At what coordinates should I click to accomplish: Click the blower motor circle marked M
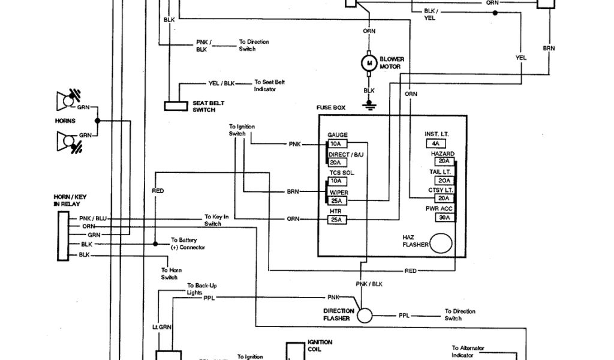[x=368, y=62]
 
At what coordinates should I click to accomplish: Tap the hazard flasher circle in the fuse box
[x=441, y=244]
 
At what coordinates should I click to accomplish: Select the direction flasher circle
[x=365, y=314]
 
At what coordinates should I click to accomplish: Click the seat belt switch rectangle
[x=176, y=106]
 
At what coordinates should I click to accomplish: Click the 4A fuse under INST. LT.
[x=436, y=144]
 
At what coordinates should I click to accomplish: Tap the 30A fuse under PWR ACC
[x=445, y=217]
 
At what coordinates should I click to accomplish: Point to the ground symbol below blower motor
[x=368, y=105]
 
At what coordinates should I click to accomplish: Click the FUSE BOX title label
[x=331, y=108]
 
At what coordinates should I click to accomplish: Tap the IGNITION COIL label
[x=320, y=346]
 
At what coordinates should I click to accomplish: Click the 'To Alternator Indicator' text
[x=468, y=351]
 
